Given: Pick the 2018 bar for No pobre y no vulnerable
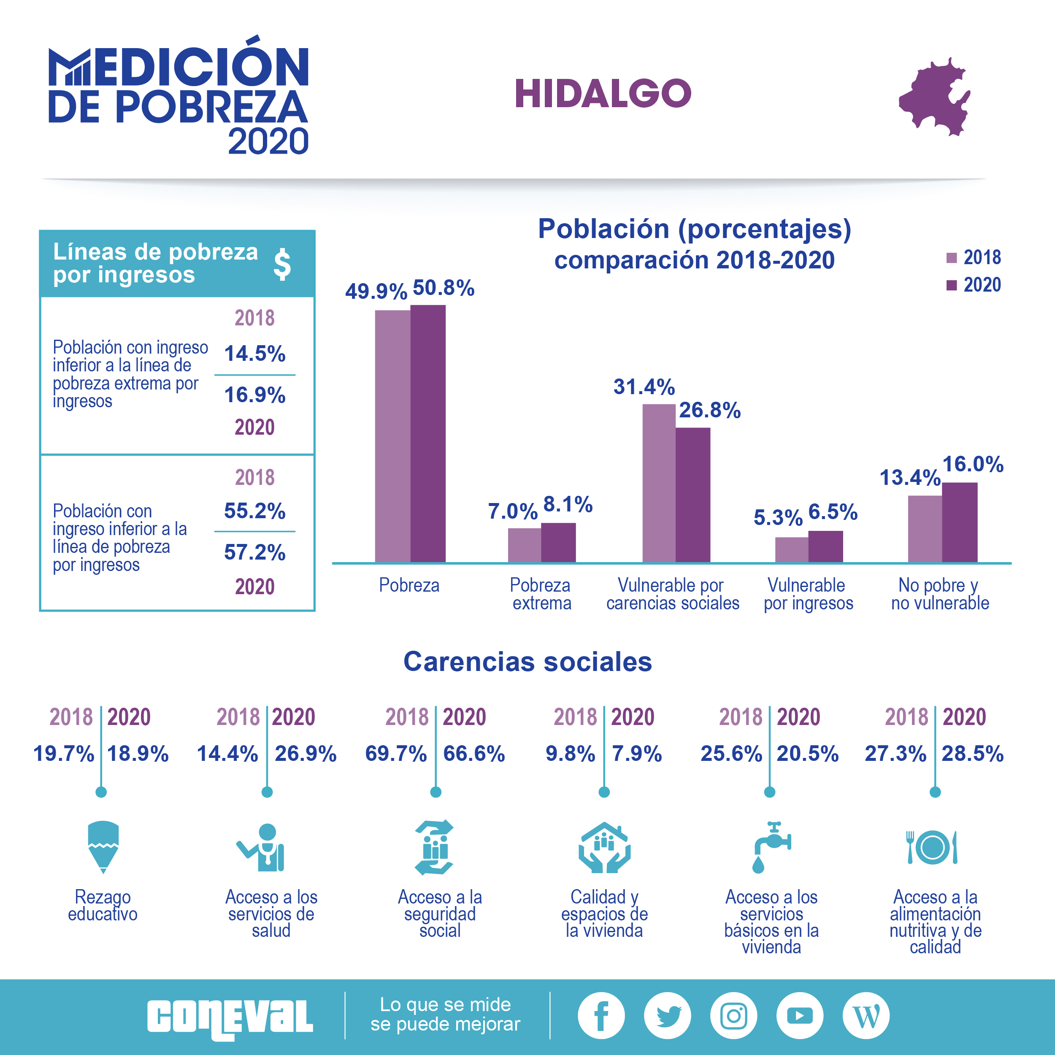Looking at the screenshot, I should click(925, 529).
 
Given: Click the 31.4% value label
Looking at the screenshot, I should click(644, 387).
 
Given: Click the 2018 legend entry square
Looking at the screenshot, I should click(951, 258).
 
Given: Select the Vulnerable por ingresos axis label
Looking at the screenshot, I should click(808, 594).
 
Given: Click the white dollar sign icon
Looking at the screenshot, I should click(282, 264).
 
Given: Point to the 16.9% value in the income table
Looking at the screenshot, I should click(254, 395).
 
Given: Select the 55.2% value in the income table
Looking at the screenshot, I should click(254, 511).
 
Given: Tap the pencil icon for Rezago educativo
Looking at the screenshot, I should click(103, 846).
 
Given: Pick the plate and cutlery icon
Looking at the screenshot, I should click(932, 847).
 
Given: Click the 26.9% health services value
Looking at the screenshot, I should click(305, 754).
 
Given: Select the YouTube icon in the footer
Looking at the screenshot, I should click(799, 1015).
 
